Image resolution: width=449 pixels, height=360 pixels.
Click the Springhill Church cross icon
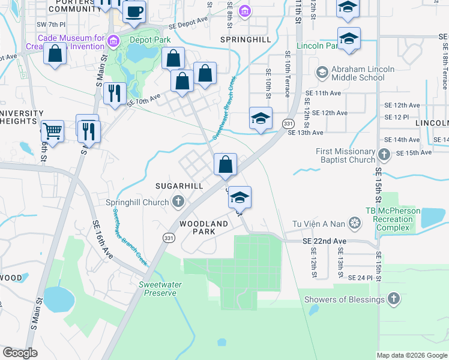click(178, 202)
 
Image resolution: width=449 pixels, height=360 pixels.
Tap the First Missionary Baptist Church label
click(345, 156)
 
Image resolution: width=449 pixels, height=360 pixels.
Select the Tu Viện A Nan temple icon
click(355, 224)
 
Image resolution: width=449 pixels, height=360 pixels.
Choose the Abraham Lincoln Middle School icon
click(322, 73)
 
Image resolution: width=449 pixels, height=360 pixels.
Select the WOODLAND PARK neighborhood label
click(204, 227)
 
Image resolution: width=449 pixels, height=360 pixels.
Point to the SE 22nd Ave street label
click(324, 241)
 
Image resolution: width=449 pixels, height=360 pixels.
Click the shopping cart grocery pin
click(53, 130)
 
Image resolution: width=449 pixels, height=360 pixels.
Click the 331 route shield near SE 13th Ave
click(288, 124)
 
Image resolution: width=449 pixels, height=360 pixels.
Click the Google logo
click(20, 353)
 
